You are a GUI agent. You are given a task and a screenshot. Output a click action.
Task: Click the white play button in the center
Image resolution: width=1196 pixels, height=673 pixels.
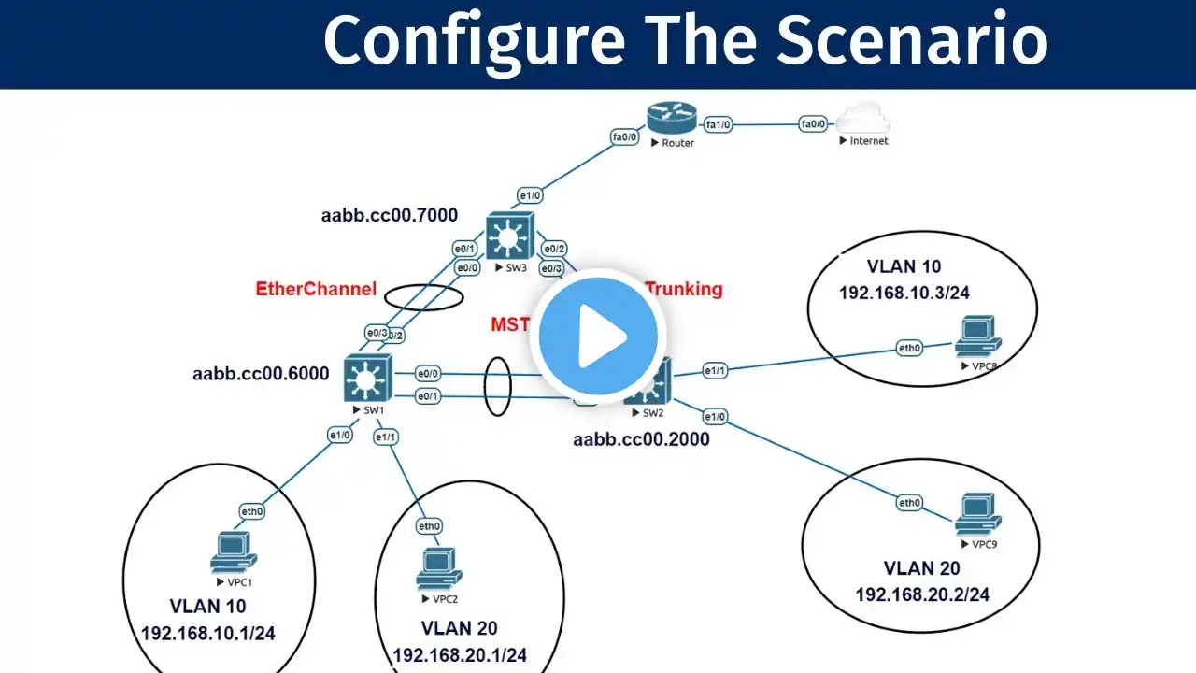598,336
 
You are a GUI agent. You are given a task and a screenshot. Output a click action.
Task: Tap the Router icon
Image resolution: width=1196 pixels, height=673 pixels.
671,119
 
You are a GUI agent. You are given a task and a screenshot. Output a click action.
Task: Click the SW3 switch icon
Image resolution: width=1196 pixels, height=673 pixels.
508,236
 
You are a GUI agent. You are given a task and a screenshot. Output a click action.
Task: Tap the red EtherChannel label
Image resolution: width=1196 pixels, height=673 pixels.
316,289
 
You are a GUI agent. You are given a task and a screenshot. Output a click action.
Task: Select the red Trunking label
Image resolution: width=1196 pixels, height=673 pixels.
685,289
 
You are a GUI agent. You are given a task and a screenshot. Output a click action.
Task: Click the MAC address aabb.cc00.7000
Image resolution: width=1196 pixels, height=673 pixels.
390,216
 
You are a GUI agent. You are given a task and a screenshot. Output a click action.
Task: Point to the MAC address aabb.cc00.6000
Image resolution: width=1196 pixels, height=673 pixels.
261,374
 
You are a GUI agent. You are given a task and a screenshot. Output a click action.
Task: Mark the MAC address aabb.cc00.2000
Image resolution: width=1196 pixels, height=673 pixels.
641,438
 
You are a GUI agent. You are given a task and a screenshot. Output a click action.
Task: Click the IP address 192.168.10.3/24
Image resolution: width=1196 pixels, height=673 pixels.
904,293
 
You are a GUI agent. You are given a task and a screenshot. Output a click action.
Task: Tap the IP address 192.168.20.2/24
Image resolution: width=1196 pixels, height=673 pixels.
922,594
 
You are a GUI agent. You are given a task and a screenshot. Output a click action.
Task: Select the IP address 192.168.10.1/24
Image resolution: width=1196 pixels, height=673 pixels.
207,634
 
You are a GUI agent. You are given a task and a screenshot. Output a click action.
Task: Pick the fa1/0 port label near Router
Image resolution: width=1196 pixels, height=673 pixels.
719,123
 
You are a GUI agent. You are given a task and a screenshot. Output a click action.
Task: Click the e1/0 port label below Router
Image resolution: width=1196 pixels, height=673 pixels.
531,195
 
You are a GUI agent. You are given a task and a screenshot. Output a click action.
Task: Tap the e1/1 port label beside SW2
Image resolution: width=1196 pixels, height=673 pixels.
715,371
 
